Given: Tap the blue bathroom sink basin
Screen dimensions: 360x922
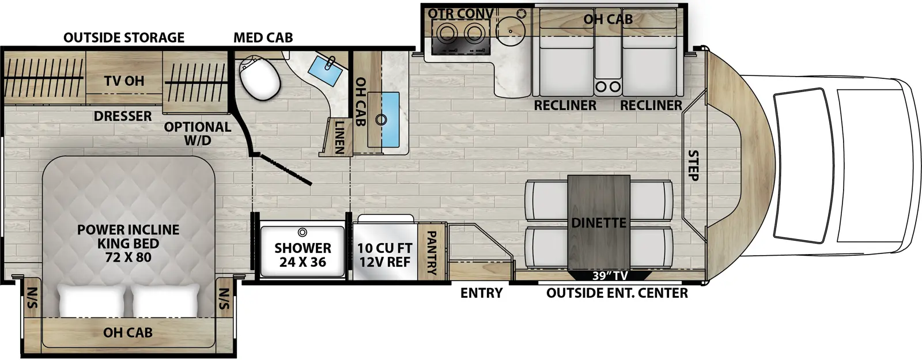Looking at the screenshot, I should (326, 70).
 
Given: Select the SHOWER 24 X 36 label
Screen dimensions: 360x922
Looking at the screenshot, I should (303, 255).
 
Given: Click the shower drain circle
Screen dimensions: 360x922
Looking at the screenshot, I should (303, 233).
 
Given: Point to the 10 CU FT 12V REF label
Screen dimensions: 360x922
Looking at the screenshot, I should (384, 255).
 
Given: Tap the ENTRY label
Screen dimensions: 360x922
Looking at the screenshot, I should (481, 293).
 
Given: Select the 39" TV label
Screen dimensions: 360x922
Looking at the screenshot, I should (611, 276).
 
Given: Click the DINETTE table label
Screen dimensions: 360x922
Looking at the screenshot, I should (599, 222).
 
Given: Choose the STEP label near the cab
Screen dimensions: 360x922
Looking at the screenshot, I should (693, 166).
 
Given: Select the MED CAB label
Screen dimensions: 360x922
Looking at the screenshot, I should (263, 38).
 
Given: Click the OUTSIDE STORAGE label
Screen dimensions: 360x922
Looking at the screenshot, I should (124, 38).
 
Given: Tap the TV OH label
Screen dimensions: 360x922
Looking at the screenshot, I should (124, 81).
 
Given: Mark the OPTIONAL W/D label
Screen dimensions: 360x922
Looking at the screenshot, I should (197, 133).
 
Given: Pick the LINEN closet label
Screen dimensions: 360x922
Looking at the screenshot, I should (339, 137).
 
